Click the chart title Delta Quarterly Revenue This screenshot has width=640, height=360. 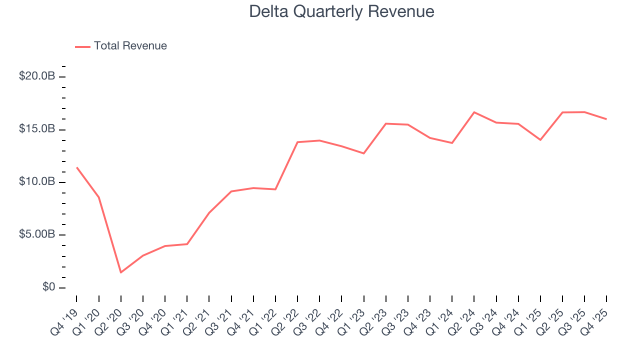341,11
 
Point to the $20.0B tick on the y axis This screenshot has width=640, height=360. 36,76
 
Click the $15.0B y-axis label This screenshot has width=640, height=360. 36,129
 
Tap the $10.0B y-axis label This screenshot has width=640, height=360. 36,182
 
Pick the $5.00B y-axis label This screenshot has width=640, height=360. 36,234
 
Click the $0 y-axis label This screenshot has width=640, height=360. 48,287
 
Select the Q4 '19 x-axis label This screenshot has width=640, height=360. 65,315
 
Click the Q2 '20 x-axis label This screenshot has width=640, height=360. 109,315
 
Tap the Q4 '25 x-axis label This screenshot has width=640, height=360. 595,315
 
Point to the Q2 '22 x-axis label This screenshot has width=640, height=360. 286,315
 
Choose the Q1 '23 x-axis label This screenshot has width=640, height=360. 352,315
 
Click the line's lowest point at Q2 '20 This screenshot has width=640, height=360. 121,272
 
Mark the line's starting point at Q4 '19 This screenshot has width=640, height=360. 77,167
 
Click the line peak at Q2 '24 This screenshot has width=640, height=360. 474,112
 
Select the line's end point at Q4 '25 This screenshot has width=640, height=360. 606,119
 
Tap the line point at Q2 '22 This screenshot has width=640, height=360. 297,142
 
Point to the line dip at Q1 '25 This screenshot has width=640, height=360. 540,140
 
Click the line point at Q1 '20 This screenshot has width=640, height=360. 99,197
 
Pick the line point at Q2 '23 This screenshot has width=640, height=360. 386,123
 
